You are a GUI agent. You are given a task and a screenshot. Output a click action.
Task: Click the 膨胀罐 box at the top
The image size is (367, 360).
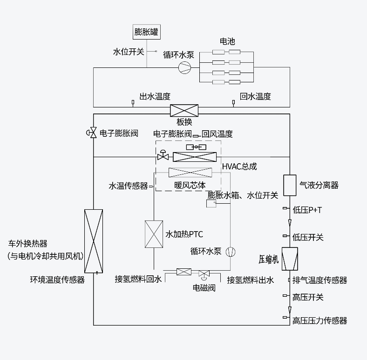click(146, 32)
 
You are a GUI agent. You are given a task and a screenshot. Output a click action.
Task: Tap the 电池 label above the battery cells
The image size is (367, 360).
click(227, 41)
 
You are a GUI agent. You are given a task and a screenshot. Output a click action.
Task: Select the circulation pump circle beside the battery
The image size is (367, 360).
click(184, 68)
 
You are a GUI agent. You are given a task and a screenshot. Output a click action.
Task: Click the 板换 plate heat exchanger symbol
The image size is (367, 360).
click(184, 111)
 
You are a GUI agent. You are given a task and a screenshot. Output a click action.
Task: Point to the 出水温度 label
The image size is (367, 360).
click(155, 97)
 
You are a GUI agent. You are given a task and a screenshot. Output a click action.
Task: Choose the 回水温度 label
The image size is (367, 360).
click(255, 97)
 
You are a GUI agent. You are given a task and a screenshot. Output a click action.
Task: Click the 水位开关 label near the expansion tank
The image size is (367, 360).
click(129, 52)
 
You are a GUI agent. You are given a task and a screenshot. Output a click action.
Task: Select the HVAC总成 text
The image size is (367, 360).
click(239, 166)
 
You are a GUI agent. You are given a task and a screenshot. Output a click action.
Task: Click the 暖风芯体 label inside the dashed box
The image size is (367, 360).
click(190, 185)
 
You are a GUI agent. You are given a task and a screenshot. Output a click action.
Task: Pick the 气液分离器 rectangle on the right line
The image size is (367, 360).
click(290, 185)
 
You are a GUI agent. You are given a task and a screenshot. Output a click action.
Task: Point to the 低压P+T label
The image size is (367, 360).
click(307, 210)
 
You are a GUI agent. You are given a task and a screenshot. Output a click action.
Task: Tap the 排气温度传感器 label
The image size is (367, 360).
click(320, 280)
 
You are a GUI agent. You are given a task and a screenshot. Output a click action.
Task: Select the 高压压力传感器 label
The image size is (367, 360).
click(320, 320)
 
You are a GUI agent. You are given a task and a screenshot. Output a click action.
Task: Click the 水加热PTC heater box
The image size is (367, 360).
click(154, 233)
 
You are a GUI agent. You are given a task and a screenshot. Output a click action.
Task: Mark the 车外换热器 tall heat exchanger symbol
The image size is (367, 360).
click(94, 241)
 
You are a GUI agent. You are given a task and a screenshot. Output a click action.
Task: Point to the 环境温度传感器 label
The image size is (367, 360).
click(57, 280)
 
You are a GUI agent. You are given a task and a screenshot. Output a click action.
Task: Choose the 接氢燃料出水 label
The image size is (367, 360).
click(250, 280)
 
